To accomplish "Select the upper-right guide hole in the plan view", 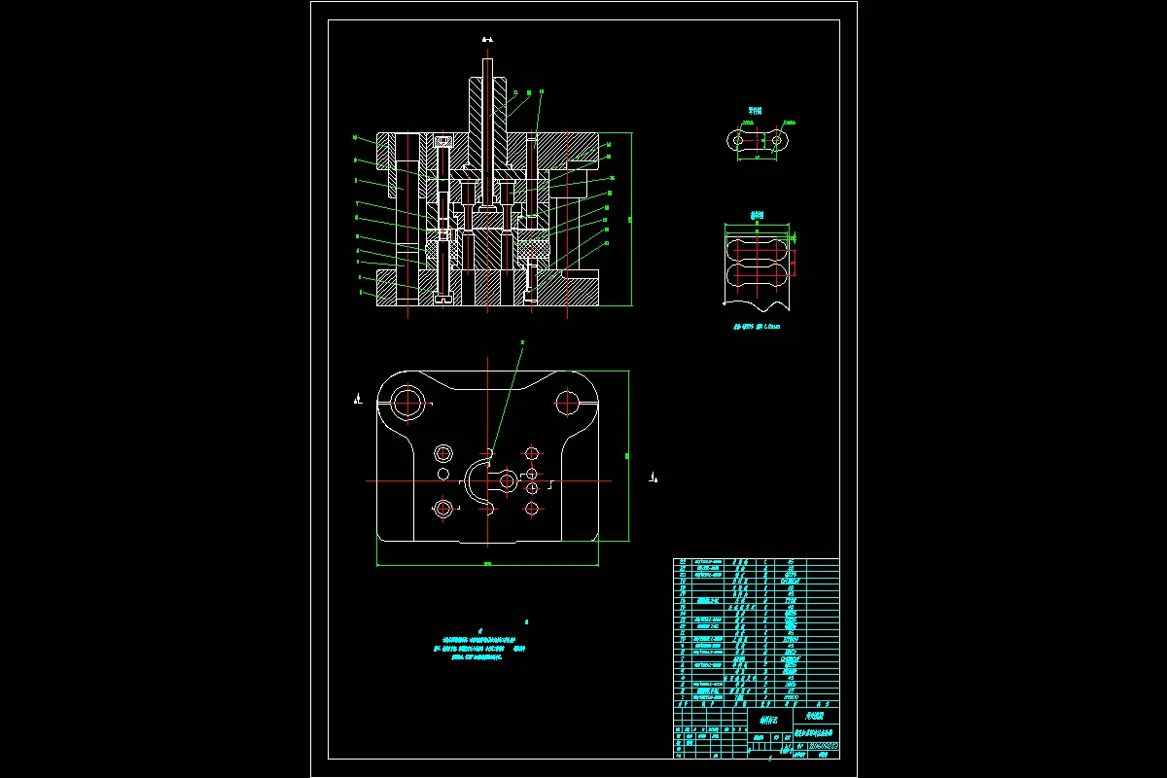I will tap(567, 401).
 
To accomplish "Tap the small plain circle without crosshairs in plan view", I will tap(443, 474).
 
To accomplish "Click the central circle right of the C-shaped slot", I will tap(507, 480).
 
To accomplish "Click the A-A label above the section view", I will tap(488, 40).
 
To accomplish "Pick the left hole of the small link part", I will tap(738, 141).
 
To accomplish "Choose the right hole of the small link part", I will tap(776, 141).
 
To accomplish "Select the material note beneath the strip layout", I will tap(757, 327).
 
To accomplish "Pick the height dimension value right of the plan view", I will tap(627, 454).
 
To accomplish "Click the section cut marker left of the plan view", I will tap(359, 397).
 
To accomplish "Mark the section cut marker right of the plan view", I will tap(654, 477).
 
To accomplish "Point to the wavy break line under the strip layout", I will tap(757, 301).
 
